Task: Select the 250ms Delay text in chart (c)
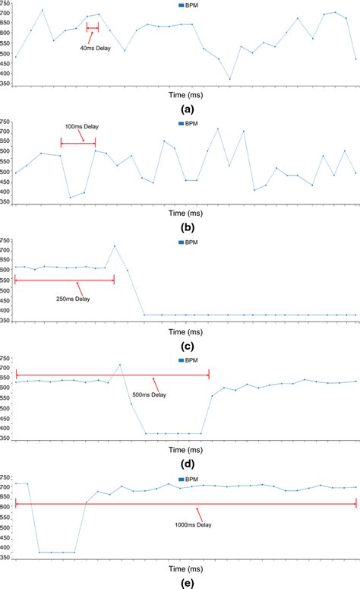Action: coord(74,299)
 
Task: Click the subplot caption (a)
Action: coord(186,109)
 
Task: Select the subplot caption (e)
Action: coord(186,582)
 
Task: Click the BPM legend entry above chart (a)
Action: coord(187,5)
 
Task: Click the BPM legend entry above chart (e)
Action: coord(187,480)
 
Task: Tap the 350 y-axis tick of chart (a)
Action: coord(6,84)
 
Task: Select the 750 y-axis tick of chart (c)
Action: coord(6,239)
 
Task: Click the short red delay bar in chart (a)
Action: coord(92,28)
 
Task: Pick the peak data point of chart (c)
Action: coord(114,245)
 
